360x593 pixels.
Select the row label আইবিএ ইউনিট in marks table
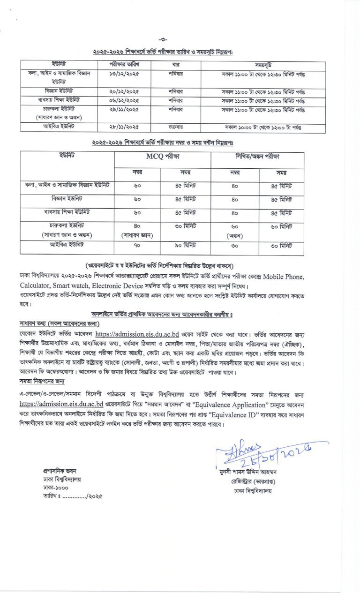[67, 245]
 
